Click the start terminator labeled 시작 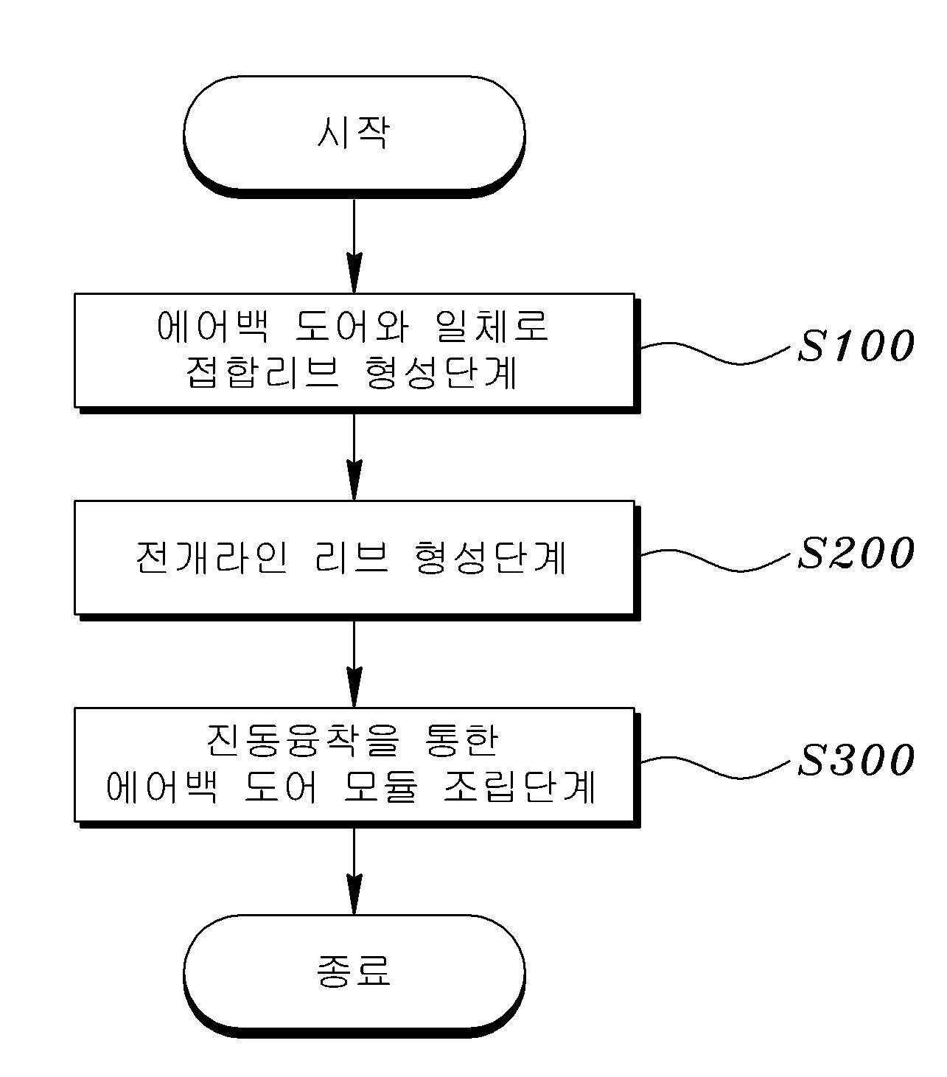point(354,134)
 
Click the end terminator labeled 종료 point(354,972)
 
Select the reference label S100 point(856,346)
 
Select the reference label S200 point(856,553)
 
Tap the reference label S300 point(856,760)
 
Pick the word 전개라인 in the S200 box point(210,557)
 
